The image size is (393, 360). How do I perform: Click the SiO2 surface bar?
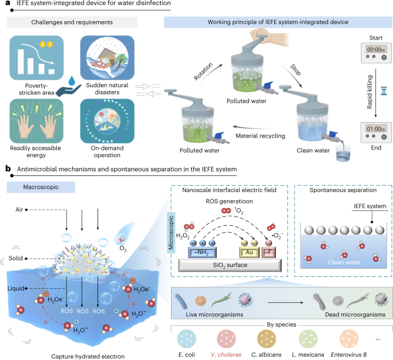click(x=229, y=264)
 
